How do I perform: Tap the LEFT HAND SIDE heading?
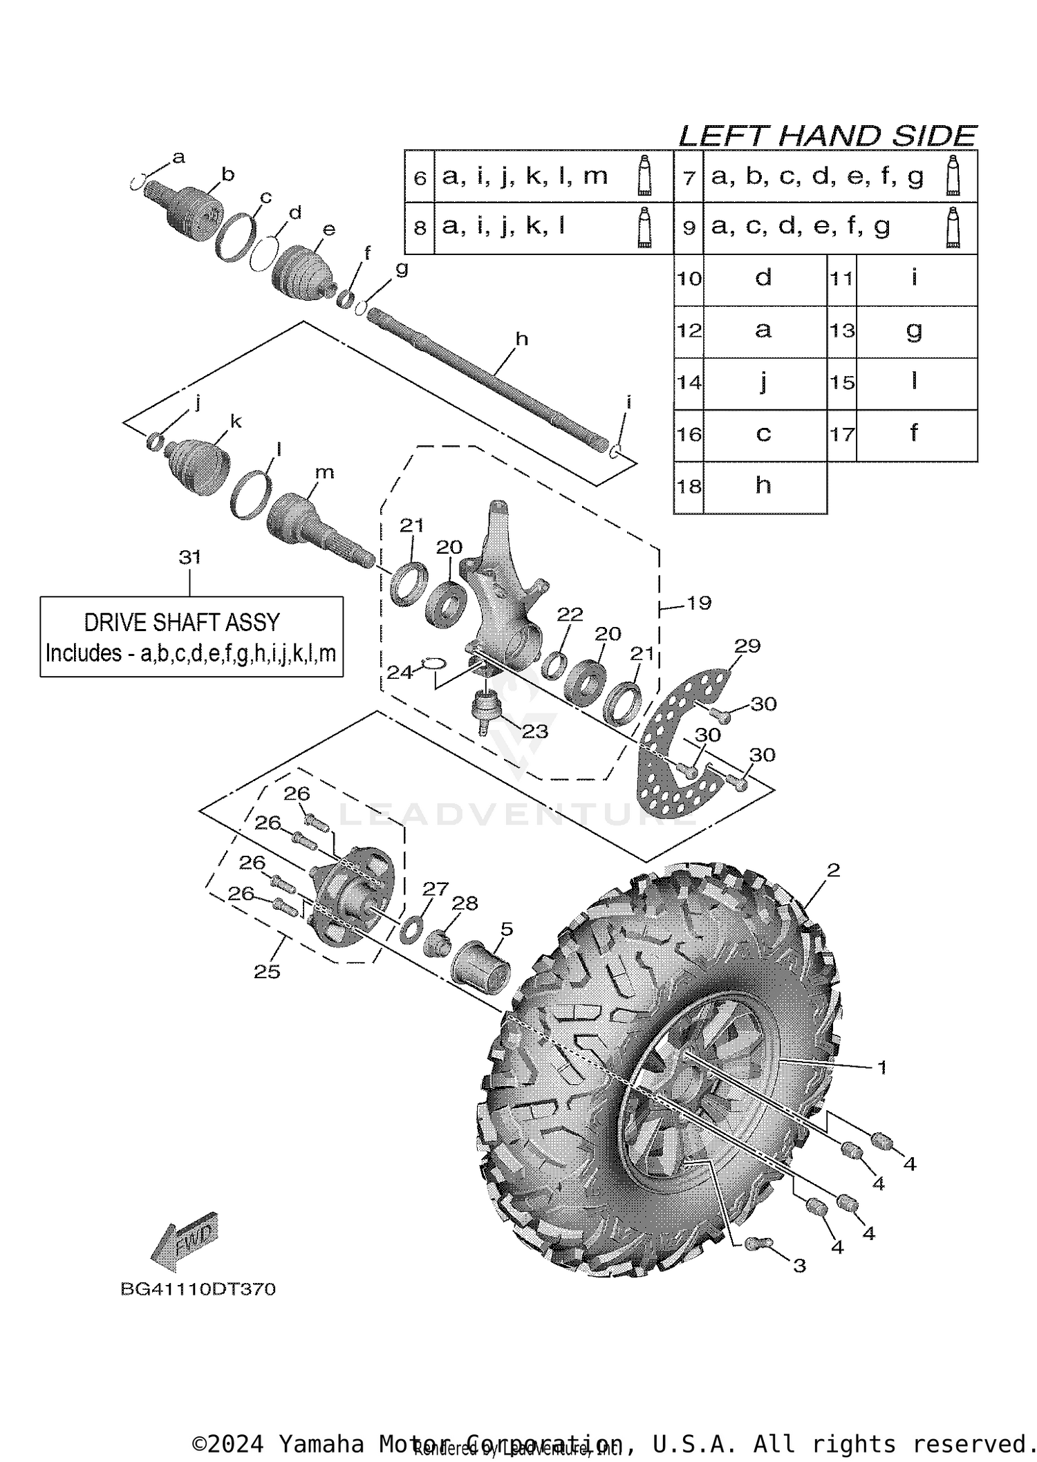point(827,136)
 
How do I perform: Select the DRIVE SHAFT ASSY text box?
point(191,637)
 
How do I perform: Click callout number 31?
point(189,557)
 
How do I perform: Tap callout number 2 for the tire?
point(833,870)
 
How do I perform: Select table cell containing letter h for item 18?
point(763,487)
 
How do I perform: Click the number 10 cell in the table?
point(689,279)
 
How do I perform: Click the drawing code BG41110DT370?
point(198,1289)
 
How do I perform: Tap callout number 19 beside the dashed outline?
point(699,603)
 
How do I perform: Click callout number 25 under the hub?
point(267,972)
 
